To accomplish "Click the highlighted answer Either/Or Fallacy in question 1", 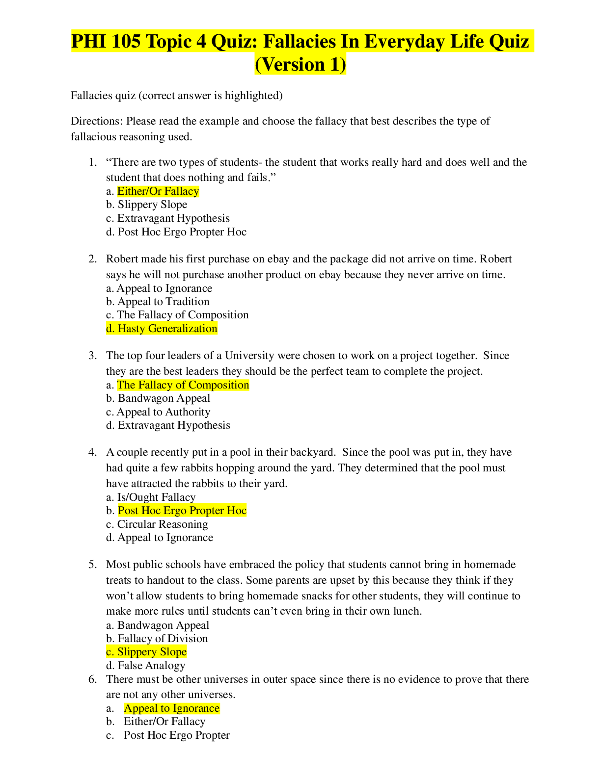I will click(158, 191).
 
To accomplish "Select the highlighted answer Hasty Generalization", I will click(162, 329).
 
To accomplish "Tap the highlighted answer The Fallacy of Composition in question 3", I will click(183, 385).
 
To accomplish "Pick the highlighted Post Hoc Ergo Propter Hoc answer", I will click(182, 511).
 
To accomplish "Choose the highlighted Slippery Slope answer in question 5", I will click(146, 652).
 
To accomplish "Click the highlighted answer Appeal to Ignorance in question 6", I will click(171, 708).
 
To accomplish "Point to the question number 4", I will click(93, 452).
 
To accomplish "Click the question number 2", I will click(93, 259).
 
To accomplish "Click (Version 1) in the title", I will click(300, 65).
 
